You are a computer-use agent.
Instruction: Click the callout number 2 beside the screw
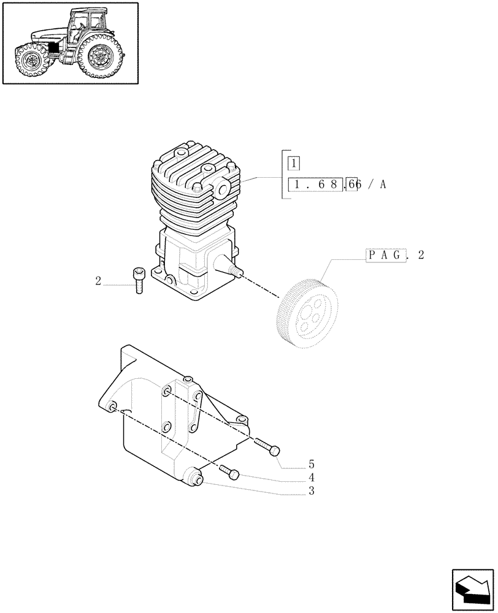[98, 281]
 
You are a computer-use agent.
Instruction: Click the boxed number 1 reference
[295, 164]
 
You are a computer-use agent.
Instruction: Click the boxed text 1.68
[316, 185]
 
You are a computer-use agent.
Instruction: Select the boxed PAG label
[386, 255]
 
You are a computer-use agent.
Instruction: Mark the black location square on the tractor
[55, 48]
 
